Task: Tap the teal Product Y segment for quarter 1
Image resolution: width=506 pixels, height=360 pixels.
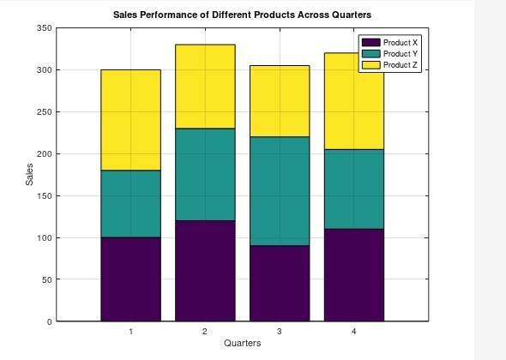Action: (x=130, y=204)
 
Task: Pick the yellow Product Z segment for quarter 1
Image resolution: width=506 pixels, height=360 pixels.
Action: (x=130, y=120)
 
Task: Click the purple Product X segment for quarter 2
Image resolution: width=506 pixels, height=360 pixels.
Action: (x=205, y=270)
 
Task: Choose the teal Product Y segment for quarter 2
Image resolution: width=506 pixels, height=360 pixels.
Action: (x=205, y=174)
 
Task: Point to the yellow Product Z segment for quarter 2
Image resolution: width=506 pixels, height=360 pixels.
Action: (x=205, y=87)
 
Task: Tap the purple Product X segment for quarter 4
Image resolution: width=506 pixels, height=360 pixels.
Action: (x=353, y=274)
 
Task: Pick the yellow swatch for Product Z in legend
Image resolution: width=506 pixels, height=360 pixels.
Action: (x=370, y=65)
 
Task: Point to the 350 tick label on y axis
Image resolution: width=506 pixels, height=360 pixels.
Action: (x=44, y=28)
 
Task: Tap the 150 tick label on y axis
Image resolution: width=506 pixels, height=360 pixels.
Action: (x=44, y=196)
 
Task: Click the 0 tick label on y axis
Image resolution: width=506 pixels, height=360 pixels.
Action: (x=49, y=321)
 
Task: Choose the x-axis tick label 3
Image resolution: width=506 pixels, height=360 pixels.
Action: (x=280, y=331)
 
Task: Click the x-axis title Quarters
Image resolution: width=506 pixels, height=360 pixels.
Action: (x=242, y=343)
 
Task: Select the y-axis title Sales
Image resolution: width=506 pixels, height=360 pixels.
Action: (x=30, y=175)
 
